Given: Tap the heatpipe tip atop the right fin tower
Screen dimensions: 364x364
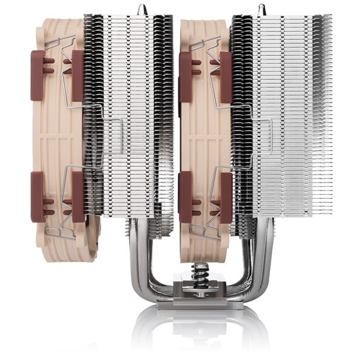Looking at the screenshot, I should point(263,8).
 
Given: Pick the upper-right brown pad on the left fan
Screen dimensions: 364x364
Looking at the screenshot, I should point(78,75).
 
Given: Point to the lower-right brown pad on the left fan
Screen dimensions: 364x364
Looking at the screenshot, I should point(78,196).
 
